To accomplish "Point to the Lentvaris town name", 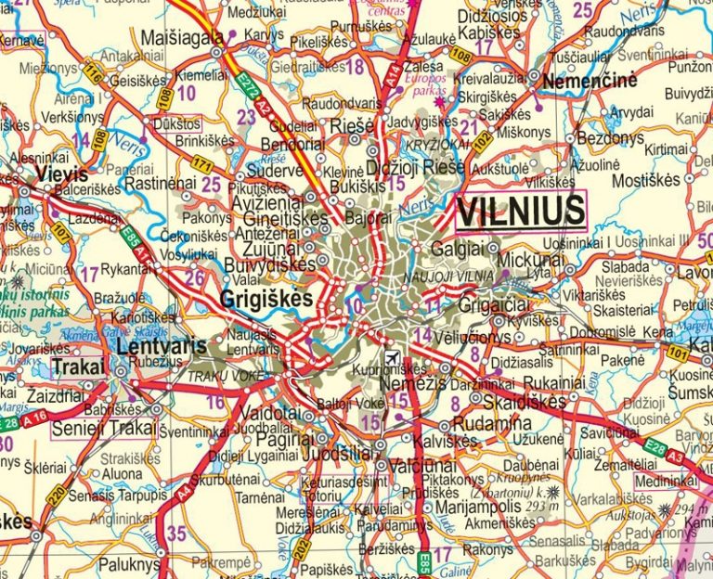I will [x=162, y=344].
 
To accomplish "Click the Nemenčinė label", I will [x=590, y=81].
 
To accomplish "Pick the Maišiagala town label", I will [x=182, y=38].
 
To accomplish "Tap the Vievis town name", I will [x=62, y=174].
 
